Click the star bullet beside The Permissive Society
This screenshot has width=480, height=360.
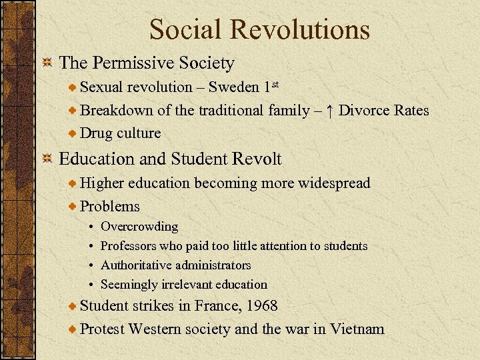pos(47,64)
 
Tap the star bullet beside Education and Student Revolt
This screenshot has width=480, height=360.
pos(47,159)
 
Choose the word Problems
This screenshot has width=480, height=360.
pos(109,207)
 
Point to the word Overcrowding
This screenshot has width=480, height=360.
pos(139,227)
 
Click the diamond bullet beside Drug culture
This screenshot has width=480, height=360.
pos(73,133)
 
